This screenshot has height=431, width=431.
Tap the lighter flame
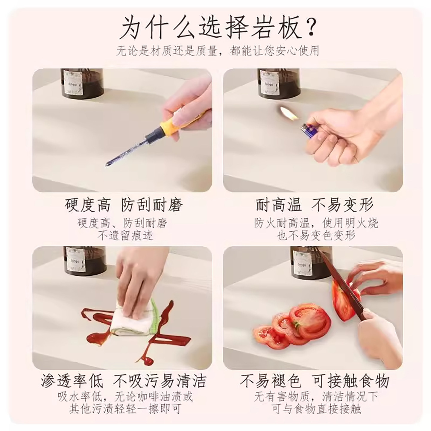(x=289, y=113)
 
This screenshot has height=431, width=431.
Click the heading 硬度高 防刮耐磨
(x=124, y=205)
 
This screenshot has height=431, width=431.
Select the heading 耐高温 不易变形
(x=315, y=205)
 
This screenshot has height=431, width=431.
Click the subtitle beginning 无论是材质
(x=217, y=51)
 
